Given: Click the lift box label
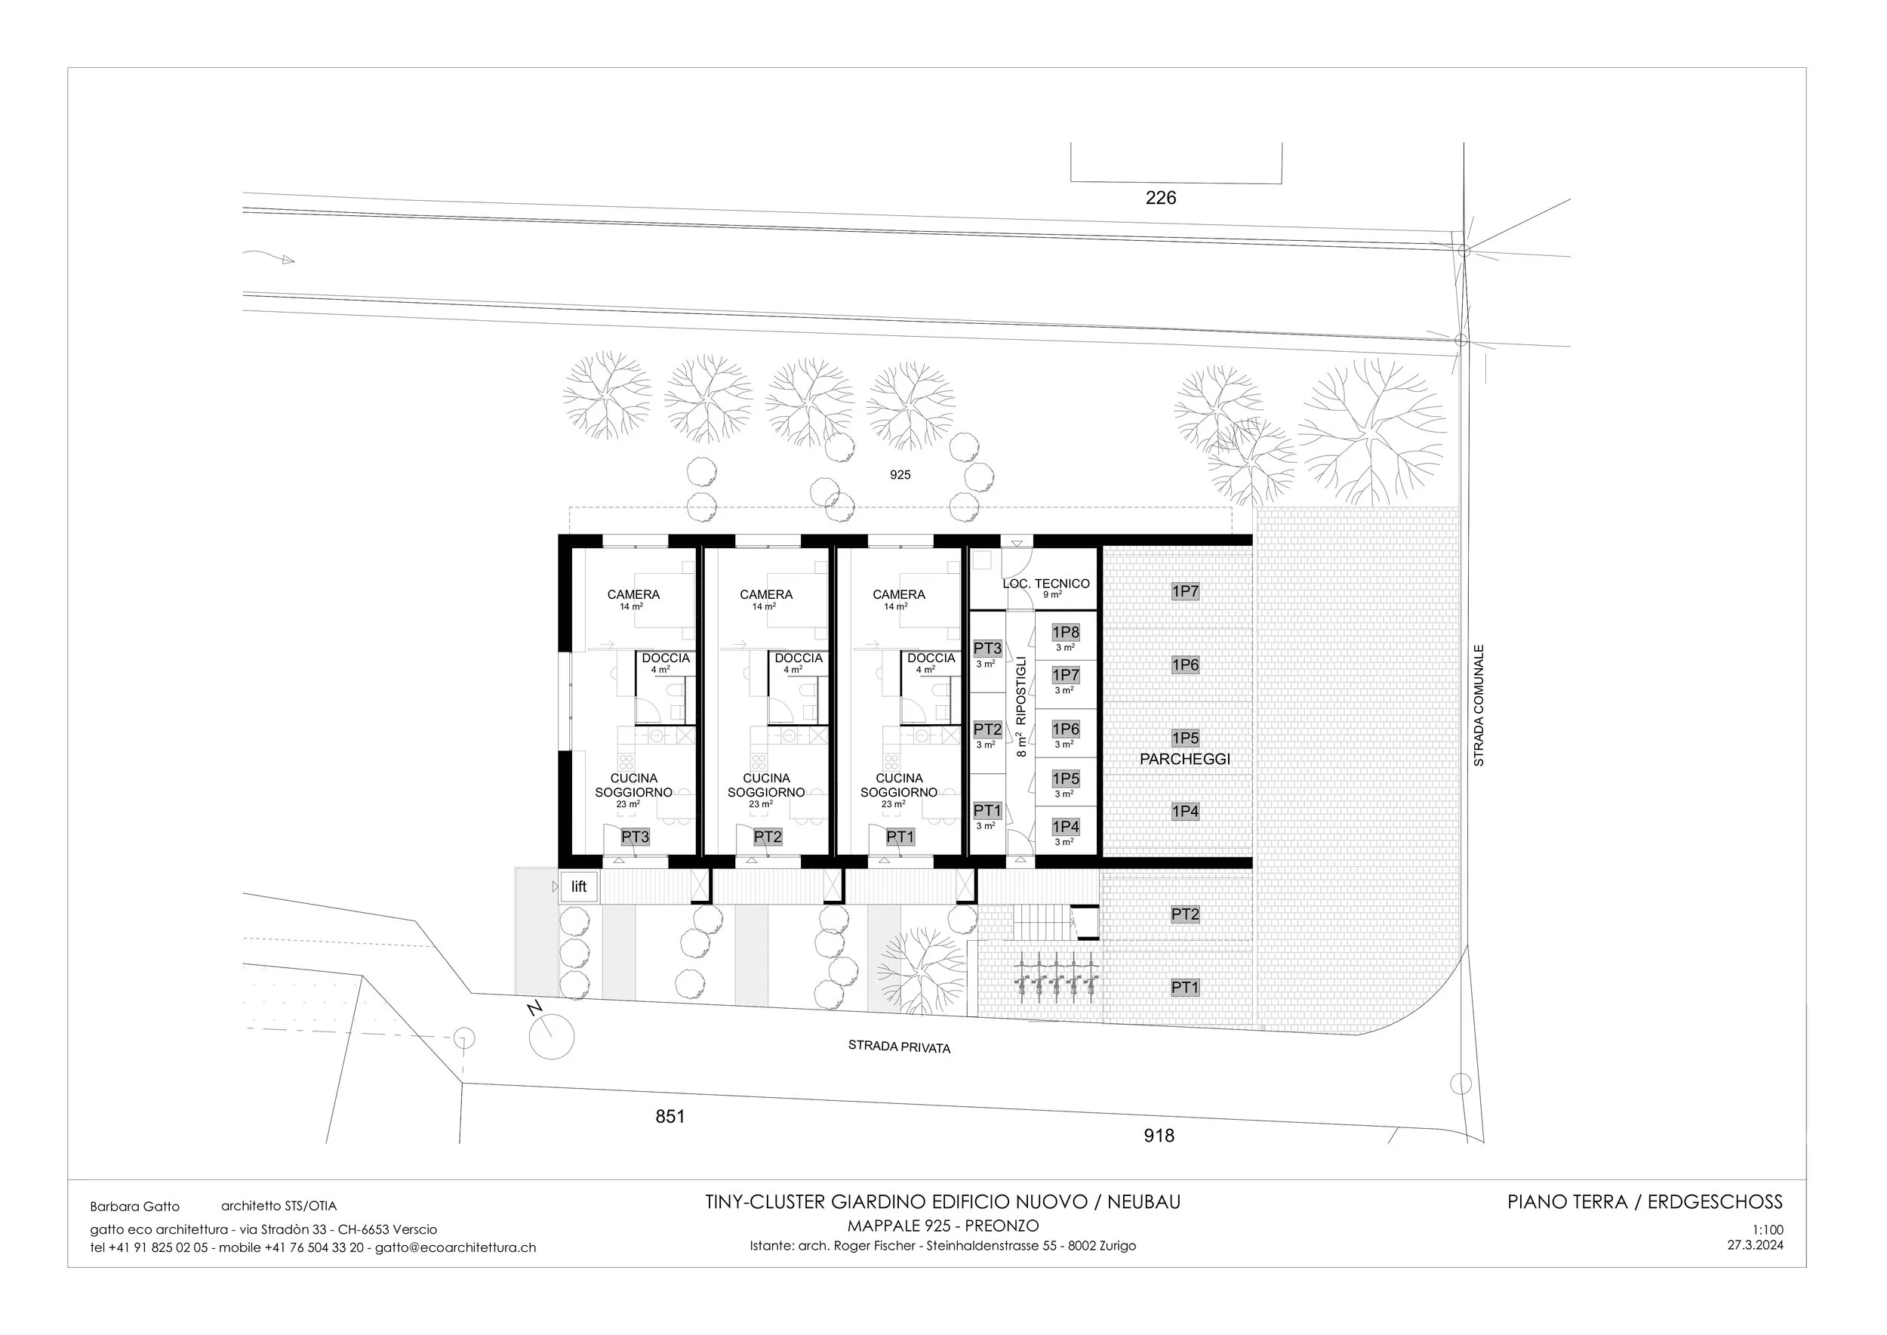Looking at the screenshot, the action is [x=580, y=887].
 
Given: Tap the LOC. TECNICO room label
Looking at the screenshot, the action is [x=1046, y=584].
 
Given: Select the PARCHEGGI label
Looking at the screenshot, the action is [x=1185, y=760].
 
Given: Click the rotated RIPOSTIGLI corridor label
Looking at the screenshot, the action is [x=1021, y=690].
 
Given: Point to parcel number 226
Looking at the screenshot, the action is [x=1160, y=197].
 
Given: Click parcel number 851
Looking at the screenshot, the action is [x=670, y=1116].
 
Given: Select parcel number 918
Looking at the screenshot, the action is [x=1159, y=1136].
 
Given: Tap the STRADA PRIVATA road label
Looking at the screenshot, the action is [x=899, y=1047].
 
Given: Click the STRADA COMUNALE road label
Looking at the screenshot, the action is [x=1479, y=705].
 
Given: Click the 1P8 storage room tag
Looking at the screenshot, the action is [x=1066, y=632].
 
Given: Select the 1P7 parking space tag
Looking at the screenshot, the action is [x=1185, y=591].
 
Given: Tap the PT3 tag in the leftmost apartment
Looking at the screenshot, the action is [x=636, y=837].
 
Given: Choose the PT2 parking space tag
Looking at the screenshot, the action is [x=1185, y=914].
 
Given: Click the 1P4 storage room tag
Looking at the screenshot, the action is [x=1066, y=826].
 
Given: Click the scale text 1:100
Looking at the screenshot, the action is [x=1767, y=1231].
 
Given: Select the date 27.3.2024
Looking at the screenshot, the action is [x=1755, y=1244].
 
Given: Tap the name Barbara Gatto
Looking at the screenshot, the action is [x=135, y=1207].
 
